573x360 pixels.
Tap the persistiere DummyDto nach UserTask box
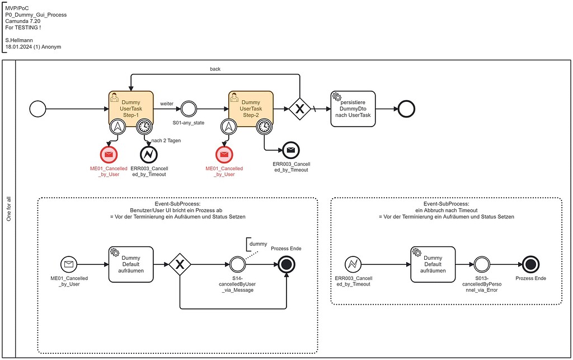tap(353, 109)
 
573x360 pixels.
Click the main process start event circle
tap(38, 109)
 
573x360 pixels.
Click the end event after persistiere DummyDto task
tap(403, 109)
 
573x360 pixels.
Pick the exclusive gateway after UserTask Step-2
tap(299, 109)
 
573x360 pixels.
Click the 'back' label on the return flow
tap(215, 69)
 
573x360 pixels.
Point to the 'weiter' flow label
tap(167, 104)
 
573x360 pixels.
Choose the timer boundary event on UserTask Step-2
tap(264, 128)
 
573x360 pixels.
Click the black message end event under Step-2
tap(290, 150)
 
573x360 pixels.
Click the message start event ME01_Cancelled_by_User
tap(69, 264)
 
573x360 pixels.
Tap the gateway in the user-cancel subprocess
tap(180, 264)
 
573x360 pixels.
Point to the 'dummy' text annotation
tap(258, 244)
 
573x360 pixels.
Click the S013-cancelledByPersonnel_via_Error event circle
tap(481, 264)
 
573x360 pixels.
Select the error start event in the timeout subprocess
tap(353, 264)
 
